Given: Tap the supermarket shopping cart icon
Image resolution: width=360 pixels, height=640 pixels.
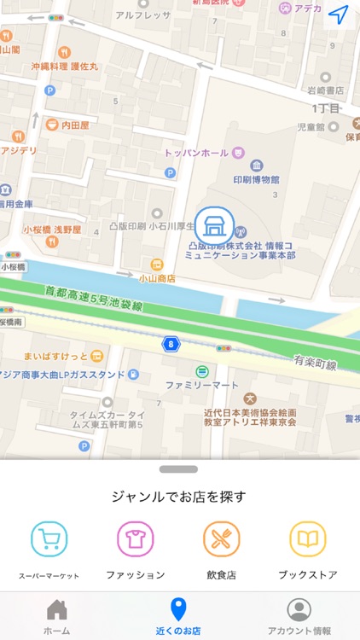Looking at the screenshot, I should pos(49,539).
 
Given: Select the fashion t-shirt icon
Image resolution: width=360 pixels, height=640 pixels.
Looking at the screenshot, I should pos(135,539).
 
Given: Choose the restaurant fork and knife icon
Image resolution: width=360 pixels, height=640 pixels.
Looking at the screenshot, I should pos(222,539).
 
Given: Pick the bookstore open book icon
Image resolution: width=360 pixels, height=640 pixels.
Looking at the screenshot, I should pos(308,539).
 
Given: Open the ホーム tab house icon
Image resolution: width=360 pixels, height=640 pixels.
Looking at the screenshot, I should pos(57,610).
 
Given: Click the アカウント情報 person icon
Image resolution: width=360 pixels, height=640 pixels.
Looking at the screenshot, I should pos(299,609).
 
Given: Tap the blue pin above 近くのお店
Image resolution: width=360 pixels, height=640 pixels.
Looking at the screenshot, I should pos(177,609).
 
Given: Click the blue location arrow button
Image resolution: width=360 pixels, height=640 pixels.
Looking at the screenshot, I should pos(339,15).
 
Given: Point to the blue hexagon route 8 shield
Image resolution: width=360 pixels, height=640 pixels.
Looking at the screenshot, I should pos(171,344).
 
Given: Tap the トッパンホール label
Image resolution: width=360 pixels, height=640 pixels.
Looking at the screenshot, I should pos(197,153).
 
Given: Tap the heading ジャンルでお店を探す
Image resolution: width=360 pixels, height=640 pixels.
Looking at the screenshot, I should pos(179,497).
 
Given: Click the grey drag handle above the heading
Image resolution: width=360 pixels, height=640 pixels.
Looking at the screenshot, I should pos(178,468).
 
